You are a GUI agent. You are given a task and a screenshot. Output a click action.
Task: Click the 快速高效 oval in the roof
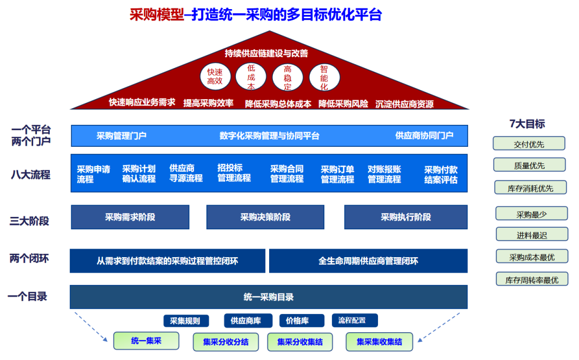(215, 77)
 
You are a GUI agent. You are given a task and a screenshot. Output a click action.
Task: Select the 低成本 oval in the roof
(251, 77)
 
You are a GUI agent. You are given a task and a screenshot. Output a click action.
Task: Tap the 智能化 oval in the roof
(324, 77)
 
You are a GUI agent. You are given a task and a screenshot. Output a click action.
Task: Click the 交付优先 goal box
(529, 144)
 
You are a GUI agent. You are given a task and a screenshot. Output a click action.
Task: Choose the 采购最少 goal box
(531, 214)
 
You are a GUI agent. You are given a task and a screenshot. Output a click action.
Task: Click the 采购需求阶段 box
(130, 217)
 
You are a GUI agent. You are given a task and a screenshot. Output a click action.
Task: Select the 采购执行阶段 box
(406, 217)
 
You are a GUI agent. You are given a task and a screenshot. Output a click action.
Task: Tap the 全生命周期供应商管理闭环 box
(368, 261)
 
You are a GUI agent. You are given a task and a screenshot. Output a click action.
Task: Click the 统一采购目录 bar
(269, 297)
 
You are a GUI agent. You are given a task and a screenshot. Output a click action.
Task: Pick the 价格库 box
(301, 320)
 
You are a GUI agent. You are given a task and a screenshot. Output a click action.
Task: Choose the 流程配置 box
(354, 320)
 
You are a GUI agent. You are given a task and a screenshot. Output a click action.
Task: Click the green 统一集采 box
(146, 341)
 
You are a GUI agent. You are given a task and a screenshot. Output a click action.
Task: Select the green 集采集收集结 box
(380, 341)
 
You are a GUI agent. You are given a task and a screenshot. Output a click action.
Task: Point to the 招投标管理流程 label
(234, 173)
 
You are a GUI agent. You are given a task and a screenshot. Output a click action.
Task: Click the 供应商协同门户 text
(424, 136)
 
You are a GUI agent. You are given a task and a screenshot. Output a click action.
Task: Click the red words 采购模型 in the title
(157, 14)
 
